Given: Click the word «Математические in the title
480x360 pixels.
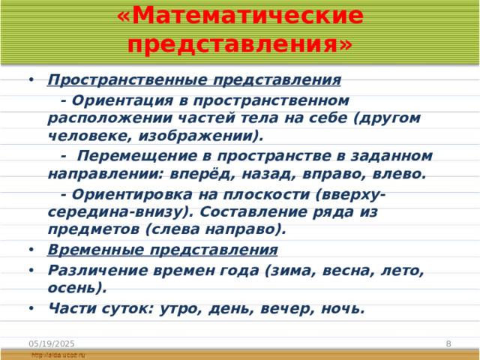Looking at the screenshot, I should tap(240, 15).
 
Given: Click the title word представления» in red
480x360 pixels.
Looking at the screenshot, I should tap(240, 44).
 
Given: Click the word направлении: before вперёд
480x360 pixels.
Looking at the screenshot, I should tap(104, 174).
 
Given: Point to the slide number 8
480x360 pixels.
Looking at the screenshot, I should tap(448, 343).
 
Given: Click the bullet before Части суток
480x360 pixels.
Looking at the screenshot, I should tap(30, 307).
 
